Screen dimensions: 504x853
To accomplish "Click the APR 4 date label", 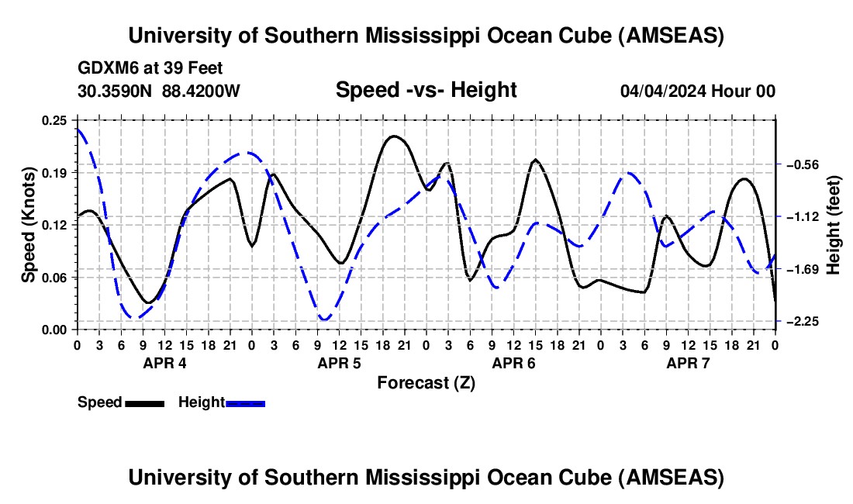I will pyautogui.click(x=164, y=363).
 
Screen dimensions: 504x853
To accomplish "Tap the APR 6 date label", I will pyautogui.click(x=513, y=363).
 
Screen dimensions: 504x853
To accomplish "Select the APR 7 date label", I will pyautogui.click(x=688, y=363).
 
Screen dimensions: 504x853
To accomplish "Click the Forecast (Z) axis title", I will pyautogui.click(x=426, y=382).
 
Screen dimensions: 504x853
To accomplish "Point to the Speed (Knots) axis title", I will pyautogui.click(x=29, y=224).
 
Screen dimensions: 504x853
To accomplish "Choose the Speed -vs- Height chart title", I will pyautogui.click(x=426, y=90).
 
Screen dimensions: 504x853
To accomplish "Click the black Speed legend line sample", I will pyautogui.click(x=144, y=402).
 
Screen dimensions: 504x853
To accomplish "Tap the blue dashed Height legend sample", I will pyautogui.click(x=245, y=402).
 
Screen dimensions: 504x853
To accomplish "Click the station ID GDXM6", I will pyautogui.click(x=106, y=68).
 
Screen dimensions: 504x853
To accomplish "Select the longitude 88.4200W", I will pyautogui.click(x=201, y=91).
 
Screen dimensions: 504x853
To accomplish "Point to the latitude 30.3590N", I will pyautogui.click(x=116, y=91).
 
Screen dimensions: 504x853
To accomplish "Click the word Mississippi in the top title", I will pyautogui.click(x=422, y=36).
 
